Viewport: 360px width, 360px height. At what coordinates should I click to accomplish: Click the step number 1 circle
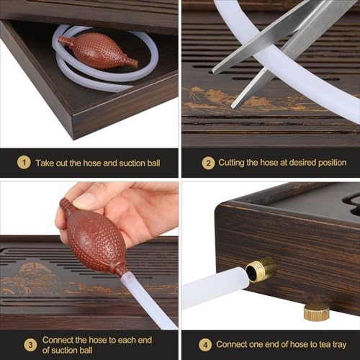coord(24,163)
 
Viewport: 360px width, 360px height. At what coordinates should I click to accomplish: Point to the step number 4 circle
coord(205,343)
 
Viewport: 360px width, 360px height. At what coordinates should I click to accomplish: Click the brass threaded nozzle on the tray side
coord(261,269)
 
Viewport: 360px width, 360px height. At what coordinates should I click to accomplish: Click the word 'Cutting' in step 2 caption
coord(235,163)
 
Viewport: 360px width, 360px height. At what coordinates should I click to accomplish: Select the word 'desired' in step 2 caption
coord(297,163)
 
